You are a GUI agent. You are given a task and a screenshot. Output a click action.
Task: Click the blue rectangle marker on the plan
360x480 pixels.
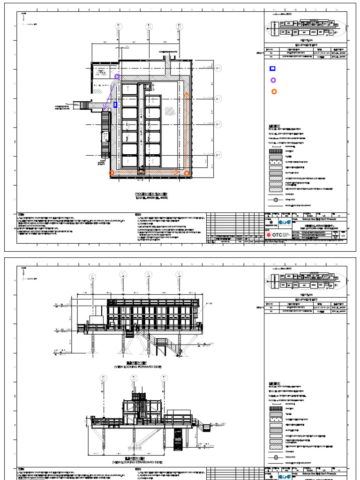point(115,105)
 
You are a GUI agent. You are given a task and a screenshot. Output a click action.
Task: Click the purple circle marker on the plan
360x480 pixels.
point(117,76)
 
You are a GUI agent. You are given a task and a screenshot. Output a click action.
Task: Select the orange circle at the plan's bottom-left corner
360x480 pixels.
point(111,173)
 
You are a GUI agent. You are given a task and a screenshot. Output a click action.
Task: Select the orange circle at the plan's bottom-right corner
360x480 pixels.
point(187,173)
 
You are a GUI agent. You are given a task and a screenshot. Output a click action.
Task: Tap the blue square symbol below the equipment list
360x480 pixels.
point(272,68)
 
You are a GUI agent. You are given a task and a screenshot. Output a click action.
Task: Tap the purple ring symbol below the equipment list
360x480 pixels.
point(273,80)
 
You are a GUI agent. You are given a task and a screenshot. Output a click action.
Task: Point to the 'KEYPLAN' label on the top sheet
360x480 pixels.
point(306,41)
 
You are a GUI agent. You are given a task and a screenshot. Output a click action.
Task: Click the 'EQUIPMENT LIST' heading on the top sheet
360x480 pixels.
point(306,46)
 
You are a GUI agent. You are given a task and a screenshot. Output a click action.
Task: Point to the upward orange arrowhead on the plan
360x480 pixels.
point(186,94)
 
